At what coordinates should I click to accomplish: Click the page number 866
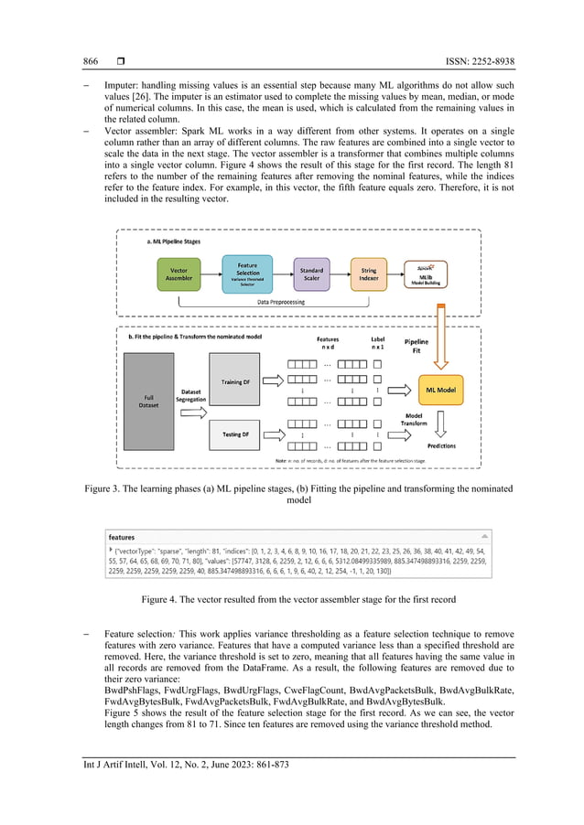point(91,61)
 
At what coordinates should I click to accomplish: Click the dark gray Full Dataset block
point(150,401)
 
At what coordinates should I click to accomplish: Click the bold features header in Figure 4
point(122,537)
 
